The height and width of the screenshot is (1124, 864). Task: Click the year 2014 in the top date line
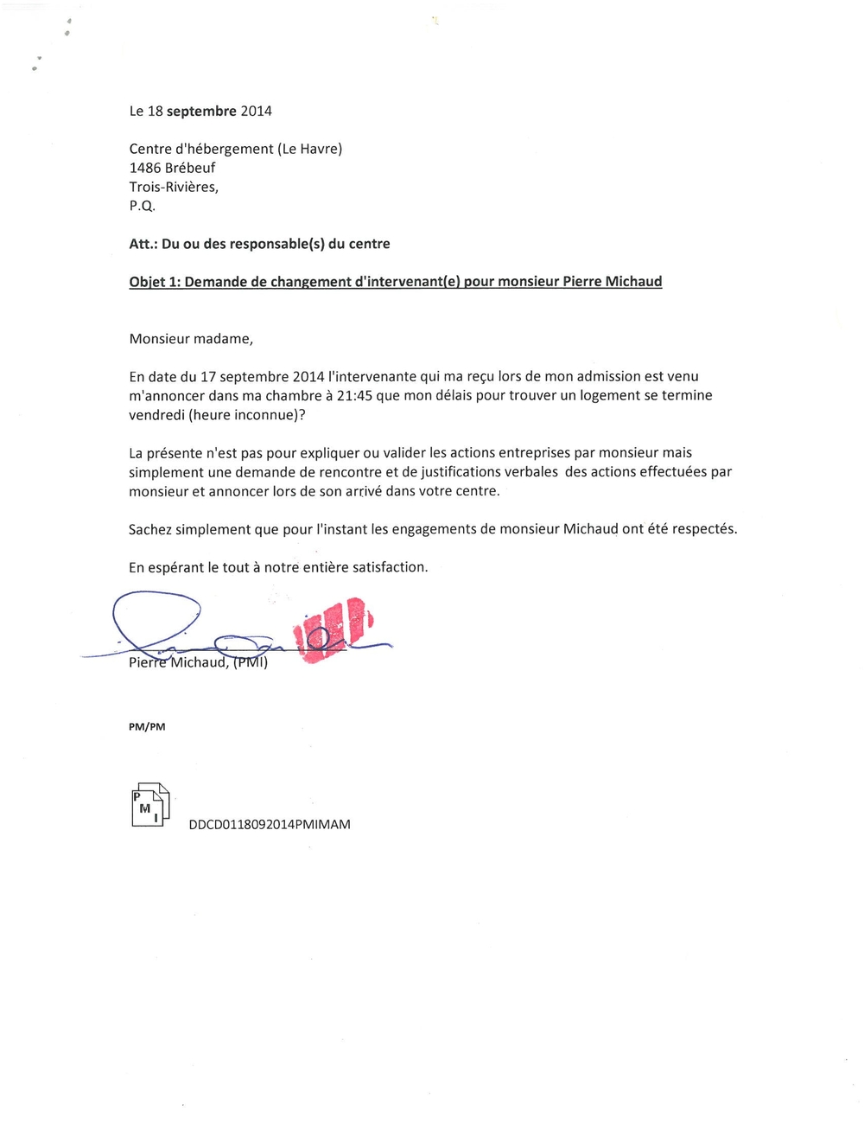pyautogui.click(x=256, y=111)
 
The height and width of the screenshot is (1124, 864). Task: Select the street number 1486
pyautogui.click(x=145, y=168)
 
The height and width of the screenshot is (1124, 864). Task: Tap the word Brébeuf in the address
pyautogui.click(x=190, y=168)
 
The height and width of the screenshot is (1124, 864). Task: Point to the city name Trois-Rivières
pyautogui.click(x=174, y=187)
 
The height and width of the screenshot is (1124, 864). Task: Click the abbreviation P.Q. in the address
pyautogui.click(x=142, y=206)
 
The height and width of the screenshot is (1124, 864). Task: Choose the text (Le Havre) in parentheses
pyautogui.click(x=309, y=149)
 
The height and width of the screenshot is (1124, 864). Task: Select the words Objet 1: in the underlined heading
pyautogui.click(x=154, y=282)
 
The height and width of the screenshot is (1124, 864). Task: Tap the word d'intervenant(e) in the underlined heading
pyautogui.click(x=408, y=282)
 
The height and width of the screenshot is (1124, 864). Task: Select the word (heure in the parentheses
pyautogui.click(x=208, y=414)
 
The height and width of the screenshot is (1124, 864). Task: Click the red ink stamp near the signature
pyautogui.click(x=334, y=629)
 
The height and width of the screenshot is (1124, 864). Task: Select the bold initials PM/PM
pyautogui.click(x=147, y=727)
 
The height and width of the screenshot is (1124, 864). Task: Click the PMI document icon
pyautogui.click(x=150, y=805)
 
